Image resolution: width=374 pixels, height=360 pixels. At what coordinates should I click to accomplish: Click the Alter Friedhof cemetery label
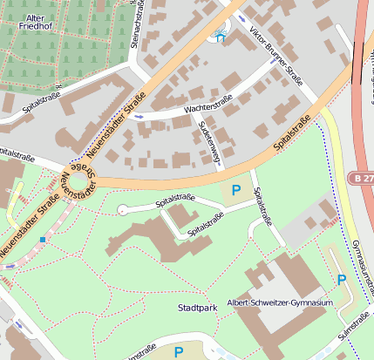pyautogui.click(x=24, y=22)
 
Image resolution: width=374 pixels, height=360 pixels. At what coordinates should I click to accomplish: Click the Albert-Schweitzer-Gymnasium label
pyautogui.click(x=280, y=302)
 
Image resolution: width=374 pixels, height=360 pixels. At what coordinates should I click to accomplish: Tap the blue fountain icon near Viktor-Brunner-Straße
pyautogui.click(x=220, y=37)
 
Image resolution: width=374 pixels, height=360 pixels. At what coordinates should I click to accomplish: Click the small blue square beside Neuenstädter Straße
pyautogui.click(x=42, y=239)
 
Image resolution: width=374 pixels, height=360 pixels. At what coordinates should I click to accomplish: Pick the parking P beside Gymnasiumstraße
pyautogui.click(x=342, y=279)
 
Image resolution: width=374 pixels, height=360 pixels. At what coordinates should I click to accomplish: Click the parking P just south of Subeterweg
pyautogui.click(x=235, y=189)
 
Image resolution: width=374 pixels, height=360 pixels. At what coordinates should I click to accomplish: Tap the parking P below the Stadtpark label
pyautogui.click(x=179, y=351)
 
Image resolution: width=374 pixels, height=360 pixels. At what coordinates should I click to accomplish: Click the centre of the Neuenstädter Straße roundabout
pyautogui.click(x=78, y=183)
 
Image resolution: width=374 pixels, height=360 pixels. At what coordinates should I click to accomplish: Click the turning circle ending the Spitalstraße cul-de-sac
pyautogui.click(x=123, y=209)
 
